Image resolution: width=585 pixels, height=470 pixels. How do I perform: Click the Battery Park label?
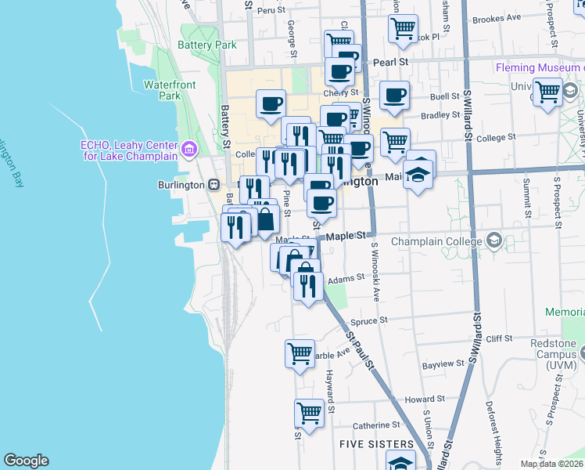click(x=207, y=45)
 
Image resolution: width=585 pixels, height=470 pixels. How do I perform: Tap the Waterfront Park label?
click(x=162, y=90)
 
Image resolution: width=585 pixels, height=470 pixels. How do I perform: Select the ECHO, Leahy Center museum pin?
click(x=188, y=149)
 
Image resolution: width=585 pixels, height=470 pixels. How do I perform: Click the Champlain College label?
click(x=436, y=241)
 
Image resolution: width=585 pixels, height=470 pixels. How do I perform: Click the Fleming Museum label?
click(x=540, y=68)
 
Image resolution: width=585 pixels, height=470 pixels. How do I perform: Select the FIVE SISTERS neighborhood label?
click(x=370, y=444)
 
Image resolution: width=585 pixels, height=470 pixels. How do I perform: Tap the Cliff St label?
click(x=498, y=338)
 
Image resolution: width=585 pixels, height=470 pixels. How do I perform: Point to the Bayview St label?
click(x=443, y=365)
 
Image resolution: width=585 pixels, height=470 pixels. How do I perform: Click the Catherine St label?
click(x=376, y=425)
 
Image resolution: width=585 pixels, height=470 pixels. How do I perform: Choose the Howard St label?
click(x=425, y=399)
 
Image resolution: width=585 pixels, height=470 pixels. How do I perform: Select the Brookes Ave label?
click(x=497, y=17)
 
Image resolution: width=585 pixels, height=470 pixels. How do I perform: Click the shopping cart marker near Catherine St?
click(x=310, y=412)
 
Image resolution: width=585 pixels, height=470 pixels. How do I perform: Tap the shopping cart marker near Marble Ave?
click(x=300, y=353)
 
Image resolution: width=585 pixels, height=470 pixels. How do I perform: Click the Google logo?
click(x=26, y=461)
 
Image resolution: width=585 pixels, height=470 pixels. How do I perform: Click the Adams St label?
click(x=346, y=277)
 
